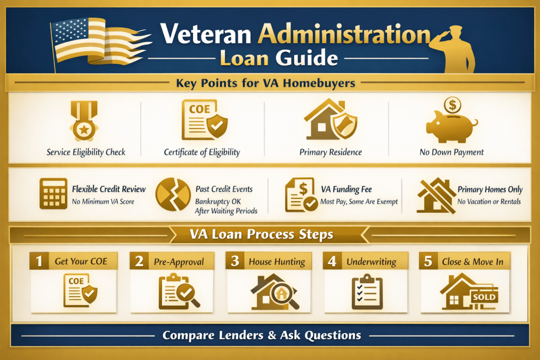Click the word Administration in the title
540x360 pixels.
pyautogui.click(x=344, y=35)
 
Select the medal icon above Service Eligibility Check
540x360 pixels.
pyautogui.click(x=84, y=122)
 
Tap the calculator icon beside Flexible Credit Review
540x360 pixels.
pyautogui.click(x=53, y=193)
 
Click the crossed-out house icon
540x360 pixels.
pyautogui.click(x=436, y=195)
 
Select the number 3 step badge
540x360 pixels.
pyautogui.click(x=235, y=261)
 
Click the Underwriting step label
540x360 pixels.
pyautogui.click(x=371, y=262)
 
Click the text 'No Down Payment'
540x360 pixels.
pyautogui.click(x=452, y=152)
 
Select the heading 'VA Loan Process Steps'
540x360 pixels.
pyautogui.click(x=262, y=234)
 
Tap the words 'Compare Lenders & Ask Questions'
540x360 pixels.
pyautogui.click(x=262, y=335)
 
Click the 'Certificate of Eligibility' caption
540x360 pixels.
pyautogui.click(x=202, y=152)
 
